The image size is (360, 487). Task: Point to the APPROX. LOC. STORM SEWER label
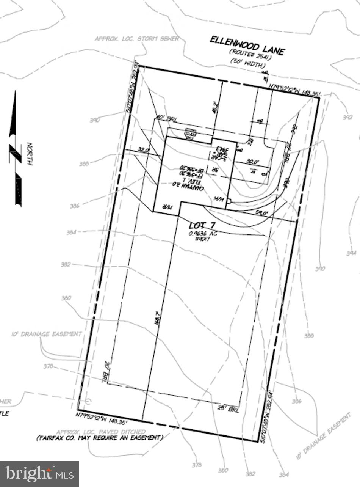pyautogui.click(x=136, y=39)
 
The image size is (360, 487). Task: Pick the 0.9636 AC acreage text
pyautogui.click(x=203, y=234)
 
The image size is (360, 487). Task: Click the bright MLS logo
pyautogui.click(x=39, y=473)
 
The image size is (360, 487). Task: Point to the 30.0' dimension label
pyautogui.click(x=252, y=162)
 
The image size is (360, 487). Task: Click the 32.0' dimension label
pyautogui.click(x=143, y=150)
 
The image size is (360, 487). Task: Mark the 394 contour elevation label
pyautogui.click(x=351, y=253)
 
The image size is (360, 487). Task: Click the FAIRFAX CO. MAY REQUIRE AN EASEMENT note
pyautogui.click(x=100, y=438)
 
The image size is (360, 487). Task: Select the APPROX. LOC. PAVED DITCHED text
pyautogui.click(x=101, y=432)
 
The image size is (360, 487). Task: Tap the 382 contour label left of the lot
pyautogui.click(x=66, y=265)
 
